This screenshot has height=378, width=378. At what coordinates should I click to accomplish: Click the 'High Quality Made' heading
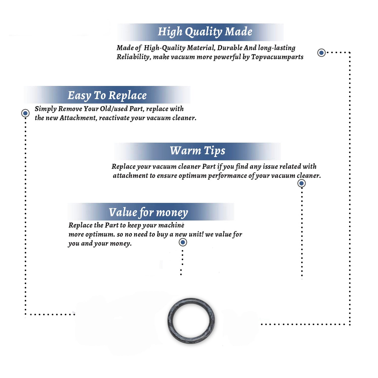205,32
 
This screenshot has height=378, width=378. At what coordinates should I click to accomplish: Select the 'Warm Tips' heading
197,151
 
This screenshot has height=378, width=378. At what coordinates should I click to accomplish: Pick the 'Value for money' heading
148,212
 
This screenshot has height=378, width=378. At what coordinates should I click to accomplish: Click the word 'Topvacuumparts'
277,57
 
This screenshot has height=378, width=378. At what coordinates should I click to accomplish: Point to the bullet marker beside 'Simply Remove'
25,113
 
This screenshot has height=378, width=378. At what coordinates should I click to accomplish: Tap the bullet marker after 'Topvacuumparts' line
321,53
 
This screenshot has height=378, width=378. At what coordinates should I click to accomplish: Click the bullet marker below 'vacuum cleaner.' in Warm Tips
301,183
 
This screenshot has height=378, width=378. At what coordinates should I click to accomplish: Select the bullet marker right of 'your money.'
183,242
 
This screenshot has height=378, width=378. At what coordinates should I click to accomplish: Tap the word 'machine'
172,225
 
